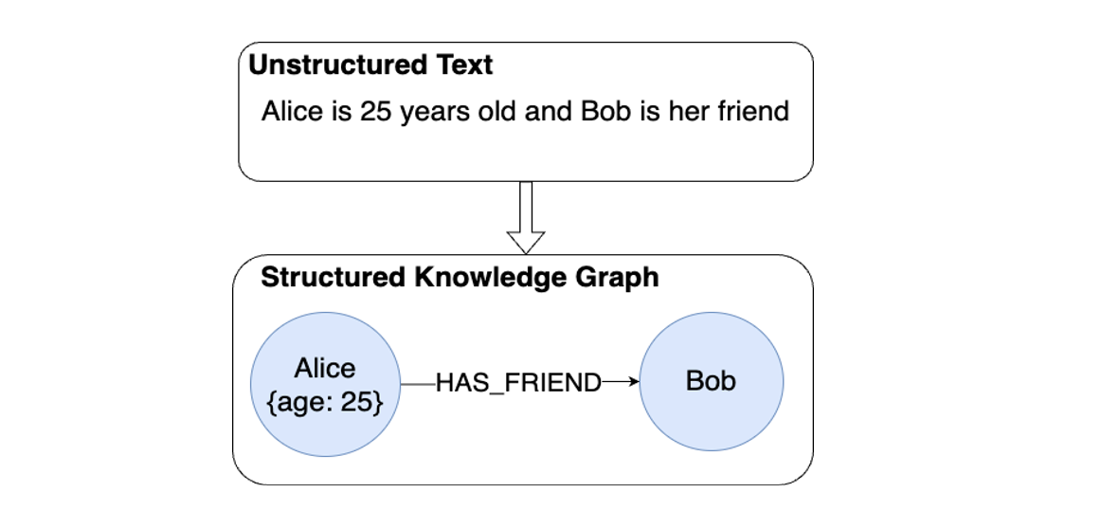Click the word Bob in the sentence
click(x=603, y=112)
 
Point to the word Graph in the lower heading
click(x=621, y=278)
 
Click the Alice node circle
click(x=325, y=417)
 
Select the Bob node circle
click(x=712, y=417)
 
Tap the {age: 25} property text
click(x=325, y=401)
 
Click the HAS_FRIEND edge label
click(x=518, y=383)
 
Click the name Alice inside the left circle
click(x=325, y=368)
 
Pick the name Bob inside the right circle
click(x=712, y=381)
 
